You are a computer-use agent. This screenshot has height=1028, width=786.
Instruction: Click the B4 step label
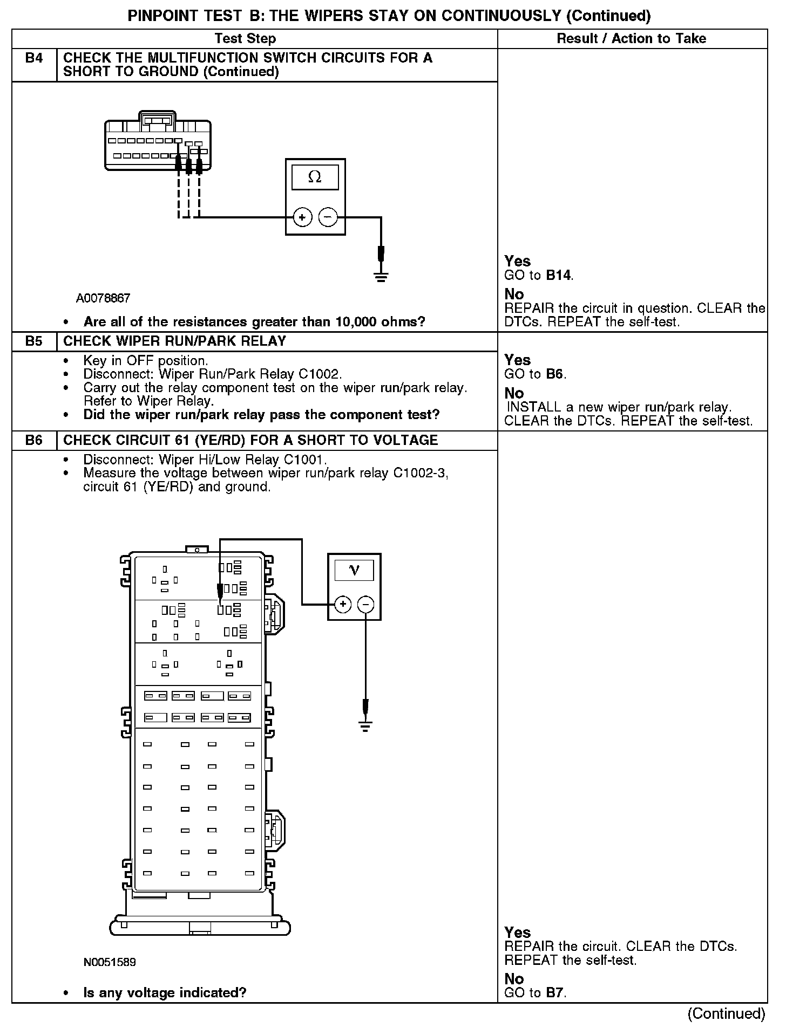(x=34, y=58)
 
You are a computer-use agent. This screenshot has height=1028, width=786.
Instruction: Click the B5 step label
(x=34, y=341)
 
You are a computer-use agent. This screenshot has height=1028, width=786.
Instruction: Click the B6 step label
(x=34, y=440)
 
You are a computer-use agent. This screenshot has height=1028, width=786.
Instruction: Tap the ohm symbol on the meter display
(x=315, y=177)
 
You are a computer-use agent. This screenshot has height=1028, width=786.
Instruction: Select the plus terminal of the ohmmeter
(x=302, y=217)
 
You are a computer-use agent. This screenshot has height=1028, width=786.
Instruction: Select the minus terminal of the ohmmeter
(x=328, y=217)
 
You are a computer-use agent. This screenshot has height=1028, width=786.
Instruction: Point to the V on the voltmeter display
(x=354, y=570)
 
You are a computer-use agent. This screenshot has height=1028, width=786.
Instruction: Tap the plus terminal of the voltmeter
(x=343, y=604)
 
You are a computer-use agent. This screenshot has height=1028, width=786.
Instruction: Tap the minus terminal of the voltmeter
(x=366, y=604)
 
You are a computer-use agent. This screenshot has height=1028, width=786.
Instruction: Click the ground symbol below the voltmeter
(x=365, y=727)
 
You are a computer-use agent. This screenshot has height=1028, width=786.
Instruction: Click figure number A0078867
(x=103, y=298)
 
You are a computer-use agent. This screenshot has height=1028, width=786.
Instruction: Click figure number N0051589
(x=110, y=962)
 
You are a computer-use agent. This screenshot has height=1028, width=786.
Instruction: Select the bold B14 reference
(x=558, y=275)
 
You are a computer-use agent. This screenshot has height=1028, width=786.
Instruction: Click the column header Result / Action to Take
(x=631, y=38)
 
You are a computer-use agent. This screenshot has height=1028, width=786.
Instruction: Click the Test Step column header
(x=245, y=38)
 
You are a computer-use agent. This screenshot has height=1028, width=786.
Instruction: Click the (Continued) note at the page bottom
(x=726, y=1013)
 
